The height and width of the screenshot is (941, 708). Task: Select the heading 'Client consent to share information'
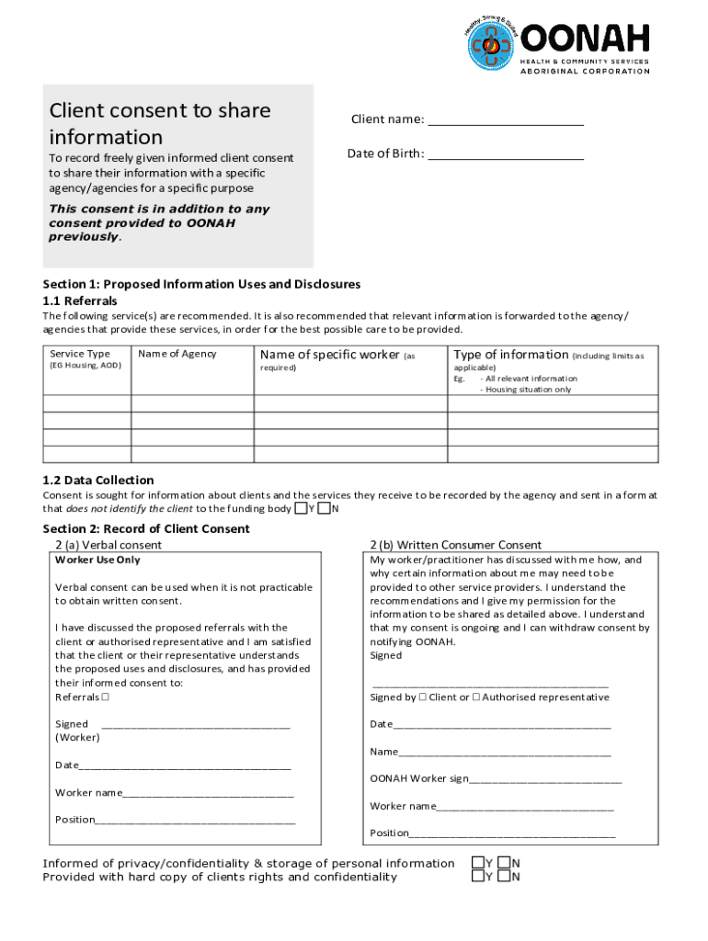pyautogui.click(x=160, y=123)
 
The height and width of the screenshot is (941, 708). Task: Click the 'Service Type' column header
pyautogui.click(x=80, y=354)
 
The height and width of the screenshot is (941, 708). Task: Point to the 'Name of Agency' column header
pyautogui.click(x=177, y=354)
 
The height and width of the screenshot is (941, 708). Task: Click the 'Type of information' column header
pyautogui.click(x=511, y=355)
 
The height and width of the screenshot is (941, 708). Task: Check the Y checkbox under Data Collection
pyautogui.click(x=301, y=508)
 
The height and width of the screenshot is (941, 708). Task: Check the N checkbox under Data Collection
pyautogui.click(x=324, y=508)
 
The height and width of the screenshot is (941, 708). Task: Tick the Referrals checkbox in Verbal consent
pyautogui.click(x=106, y=697)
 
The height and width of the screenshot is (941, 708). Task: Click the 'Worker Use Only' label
pyautogui.click(x=98, y=560)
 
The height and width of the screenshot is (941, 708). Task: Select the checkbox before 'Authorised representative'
pyautogui.click(x=475, y=697)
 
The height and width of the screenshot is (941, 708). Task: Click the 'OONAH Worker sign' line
pyautogui.click(x=545, y=781)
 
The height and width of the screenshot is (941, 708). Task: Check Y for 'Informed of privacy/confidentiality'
pyautogui.click(x=478, y=863)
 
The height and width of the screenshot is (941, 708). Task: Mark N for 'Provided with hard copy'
pyautogui.click(x=504, y=877)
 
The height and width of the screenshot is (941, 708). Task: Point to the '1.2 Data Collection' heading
pyautogui.click(x=98, y=480)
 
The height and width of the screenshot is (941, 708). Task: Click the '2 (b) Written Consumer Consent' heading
pyautogui.click(x=456, y=545)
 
